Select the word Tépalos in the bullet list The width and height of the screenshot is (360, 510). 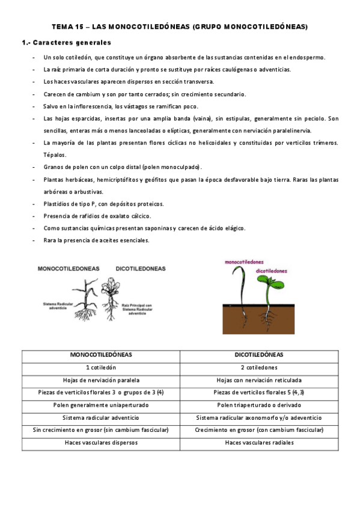pos(55,155)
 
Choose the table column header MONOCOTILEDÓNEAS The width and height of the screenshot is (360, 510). pos(101,355)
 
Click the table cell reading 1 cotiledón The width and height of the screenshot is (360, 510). pos(101,367)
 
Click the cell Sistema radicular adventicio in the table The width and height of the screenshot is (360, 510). pos(101,417)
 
